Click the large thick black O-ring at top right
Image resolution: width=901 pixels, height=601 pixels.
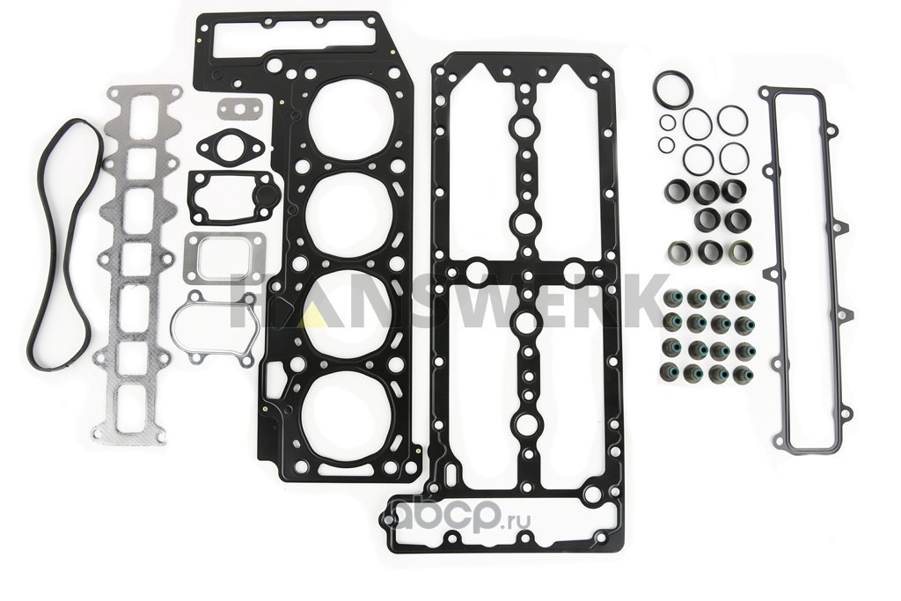point(656,89)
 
